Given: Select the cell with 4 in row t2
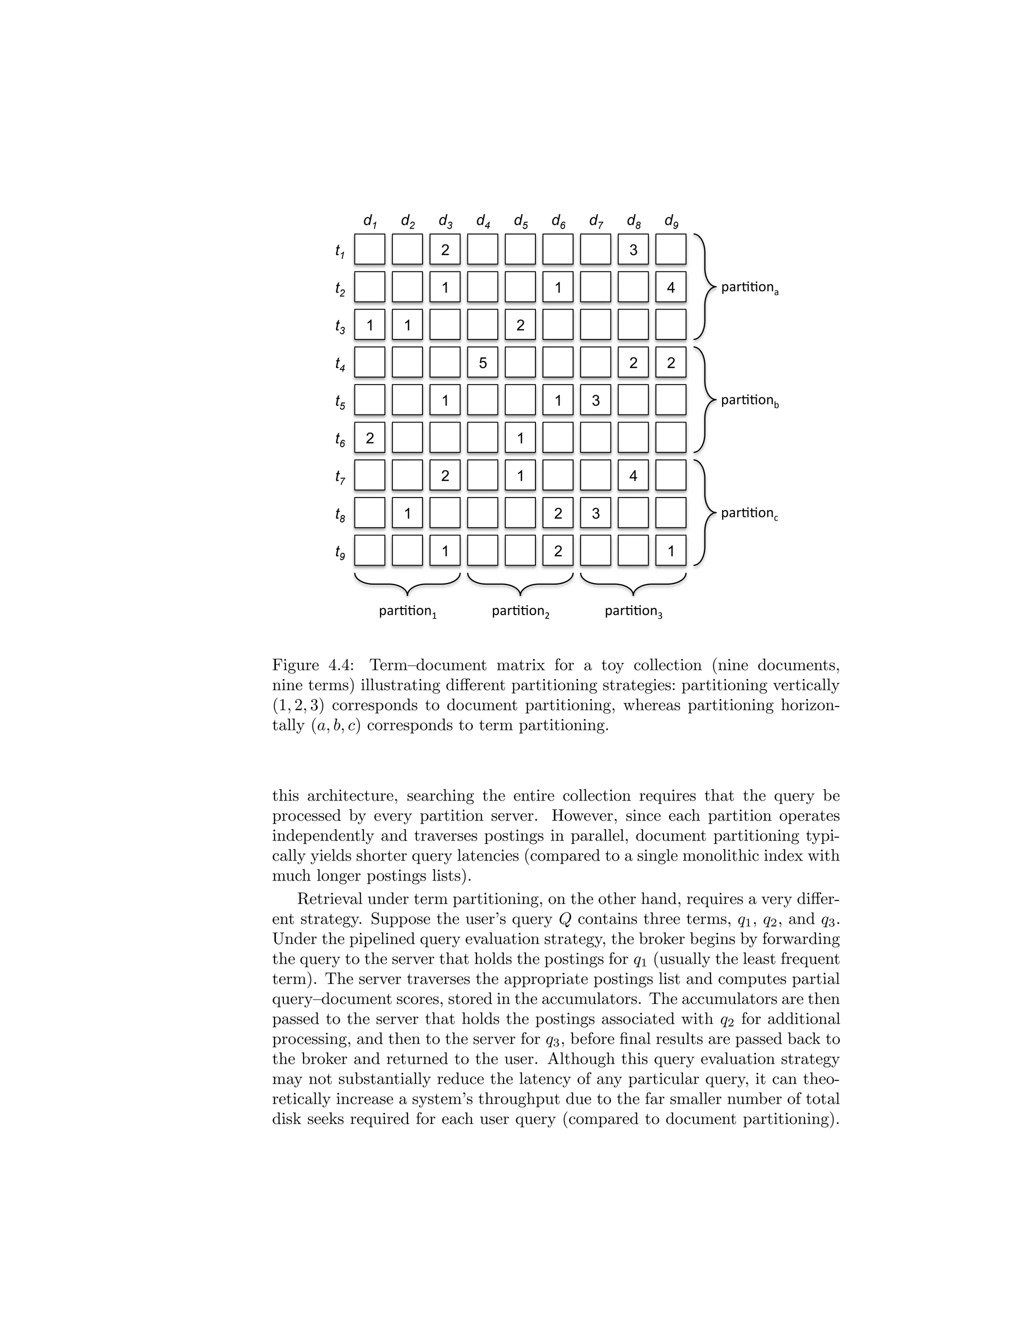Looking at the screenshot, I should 670,287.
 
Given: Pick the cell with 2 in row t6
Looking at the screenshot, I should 370,437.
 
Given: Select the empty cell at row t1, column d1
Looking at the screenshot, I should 370,249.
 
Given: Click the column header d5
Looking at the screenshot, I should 520,221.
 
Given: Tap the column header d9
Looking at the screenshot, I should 671,221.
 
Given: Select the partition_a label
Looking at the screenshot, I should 749,287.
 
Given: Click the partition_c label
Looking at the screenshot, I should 749,513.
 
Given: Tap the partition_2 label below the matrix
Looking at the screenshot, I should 520,611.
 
